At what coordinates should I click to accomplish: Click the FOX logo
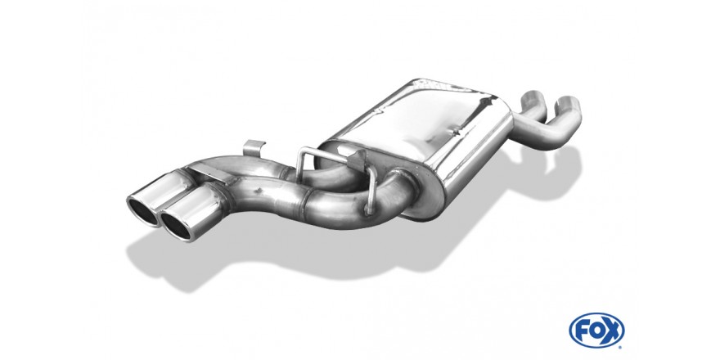pos(596,331)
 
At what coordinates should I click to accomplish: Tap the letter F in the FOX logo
pos(583,331)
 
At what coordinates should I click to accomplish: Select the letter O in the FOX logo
pos(596,331)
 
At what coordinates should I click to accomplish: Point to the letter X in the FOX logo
pos(612,331)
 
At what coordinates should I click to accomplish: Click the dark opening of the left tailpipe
pos(141,211)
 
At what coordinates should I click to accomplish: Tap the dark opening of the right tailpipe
pos(175,226)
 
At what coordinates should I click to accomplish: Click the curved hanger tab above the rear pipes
pos(254,148)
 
